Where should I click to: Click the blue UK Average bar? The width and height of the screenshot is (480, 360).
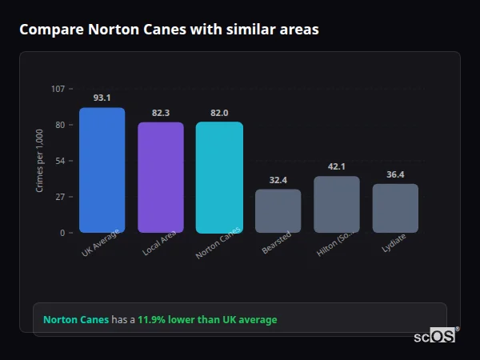pos(102,170)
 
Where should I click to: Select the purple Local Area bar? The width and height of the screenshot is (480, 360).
pos(161,177)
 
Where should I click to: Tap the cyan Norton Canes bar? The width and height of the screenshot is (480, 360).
pos(219,177)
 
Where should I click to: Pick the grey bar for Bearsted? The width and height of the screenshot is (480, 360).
pos(278,210)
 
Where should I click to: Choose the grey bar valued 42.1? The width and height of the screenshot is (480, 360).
pos(337,204)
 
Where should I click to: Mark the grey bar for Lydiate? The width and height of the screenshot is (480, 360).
pos(395,208)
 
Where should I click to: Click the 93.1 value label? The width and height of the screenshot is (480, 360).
pos(102,98)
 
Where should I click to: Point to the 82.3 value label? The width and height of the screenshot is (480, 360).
pos(161,113)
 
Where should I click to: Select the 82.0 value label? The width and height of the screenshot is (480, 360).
pos(219,113)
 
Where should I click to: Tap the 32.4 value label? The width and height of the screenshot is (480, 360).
pos(278,180)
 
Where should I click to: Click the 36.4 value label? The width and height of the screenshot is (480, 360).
pos(395,174)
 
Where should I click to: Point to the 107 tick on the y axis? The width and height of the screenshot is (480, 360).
pos(58,88)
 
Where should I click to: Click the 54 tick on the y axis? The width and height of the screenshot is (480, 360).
pos(60,161)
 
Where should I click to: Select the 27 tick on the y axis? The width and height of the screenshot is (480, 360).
pos(60,197)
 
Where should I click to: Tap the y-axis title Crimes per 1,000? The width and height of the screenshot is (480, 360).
pos(40,160)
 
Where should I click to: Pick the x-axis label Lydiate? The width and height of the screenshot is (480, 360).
pos(394,243)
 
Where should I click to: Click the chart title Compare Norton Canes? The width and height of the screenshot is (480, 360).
pos(169,30)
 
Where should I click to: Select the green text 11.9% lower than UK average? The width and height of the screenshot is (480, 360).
pos(207,320)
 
